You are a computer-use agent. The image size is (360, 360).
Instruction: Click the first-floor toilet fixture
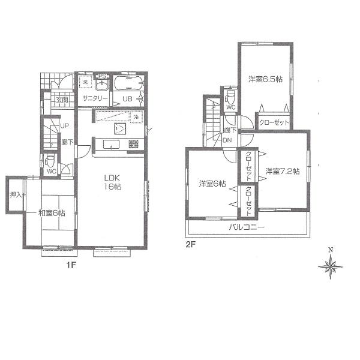[x=50, y=160]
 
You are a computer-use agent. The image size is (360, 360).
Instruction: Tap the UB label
[x=128, y=99]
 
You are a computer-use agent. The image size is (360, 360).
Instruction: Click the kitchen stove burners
[x=133, y=144]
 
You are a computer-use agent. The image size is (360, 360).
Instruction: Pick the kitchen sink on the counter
[x=112, y=143]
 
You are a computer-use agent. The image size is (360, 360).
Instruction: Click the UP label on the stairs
[x=64, y=126]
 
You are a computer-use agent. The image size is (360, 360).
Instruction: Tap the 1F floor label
[x=71, y=263]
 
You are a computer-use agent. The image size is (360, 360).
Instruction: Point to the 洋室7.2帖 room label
[x=283, y=171]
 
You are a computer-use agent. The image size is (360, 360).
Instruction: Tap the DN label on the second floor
[x=228, y=140]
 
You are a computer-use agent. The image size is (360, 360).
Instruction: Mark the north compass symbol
[x=330, y=265]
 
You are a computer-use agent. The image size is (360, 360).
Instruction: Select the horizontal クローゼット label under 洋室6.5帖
[x=275, y=122]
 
